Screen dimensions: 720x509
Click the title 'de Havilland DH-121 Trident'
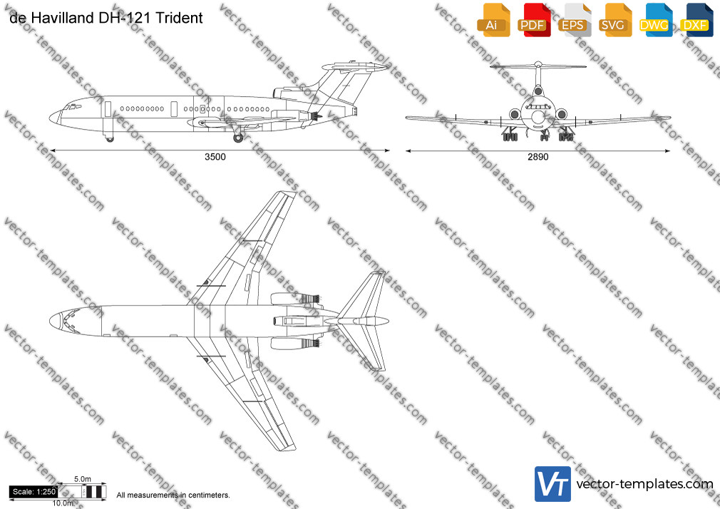click(x=106, y=17)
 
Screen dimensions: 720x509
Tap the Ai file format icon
click(x=493, y=20)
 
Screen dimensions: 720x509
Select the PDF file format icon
click(x=534, y=20)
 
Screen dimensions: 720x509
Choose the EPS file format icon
click(x=575, y=20)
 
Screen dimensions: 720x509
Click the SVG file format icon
click(x=614, y=20)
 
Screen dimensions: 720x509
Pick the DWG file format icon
click(x=656, y=20)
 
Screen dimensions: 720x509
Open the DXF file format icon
click(x=696, y=20)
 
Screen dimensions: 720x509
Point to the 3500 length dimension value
click(x=215, y=157)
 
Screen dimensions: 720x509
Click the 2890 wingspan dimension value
click(x=538, y=157)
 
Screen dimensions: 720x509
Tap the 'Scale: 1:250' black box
click(x=34, y=492)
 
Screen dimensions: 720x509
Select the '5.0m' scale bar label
click(x=83, y=479)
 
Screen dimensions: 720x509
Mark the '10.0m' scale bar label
click(x=63, y=503)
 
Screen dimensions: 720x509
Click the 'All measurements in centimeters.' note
click(x=173, y=495)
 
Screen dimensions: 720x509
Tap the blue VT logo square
click(x=552, y=484)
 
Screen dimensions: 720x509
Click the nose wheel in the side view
click(x=109, y=138)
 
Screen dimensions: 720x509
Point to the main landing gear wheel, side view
click(x=238, y=138)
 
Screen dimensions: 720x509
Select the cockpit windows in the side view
click(x=72, y=107)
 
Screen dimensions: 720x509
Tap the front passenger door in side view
click(x=108, y=109)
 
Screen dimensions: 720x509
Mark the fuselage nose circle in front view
click(x=538, y=116)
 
